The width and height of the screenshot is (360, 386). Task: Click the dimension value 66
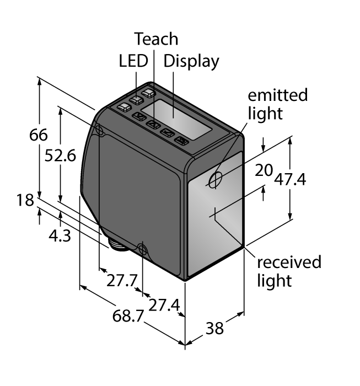tap(39, 135)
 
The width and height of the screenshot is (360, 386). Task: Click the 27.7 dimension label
tap(121, 280)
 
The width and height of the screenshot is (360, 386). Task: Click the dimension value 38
tap(214, 328)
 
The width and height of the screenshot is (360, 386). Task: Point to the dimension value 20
tap(264, 171)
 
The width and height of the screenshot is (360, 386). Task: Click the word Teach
tap(157, 39)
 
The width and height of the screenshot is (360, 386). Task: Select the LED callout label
tap(133, 61)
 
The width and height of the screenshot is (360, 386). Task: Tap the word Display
tap(191, 61)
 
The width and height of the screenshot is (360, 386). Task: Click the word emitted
tap(277, 95)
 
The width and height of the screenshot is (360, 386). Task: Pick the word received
tap(289, 261)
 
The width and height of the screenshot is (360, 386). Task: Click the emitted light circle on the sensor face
tap(216, 179)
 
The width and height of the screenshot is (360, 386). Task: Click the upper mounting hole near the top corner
tap(100, 130)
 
